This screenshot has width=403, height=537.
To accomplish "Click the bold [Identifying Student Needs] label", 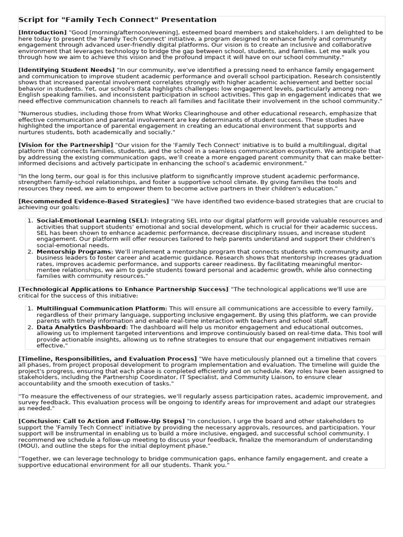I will [66, 70].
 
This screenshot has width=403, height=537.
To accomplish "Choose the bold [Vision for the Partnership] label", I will [66, 144].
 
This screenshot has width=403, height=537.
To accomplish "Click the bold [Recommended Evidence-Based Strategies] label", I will [93, 201].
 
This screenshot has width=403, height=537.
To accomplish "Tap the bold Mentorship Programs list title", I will [74, 252].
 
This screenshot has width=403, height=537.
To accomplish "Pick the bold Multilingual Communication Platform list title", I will [101, 308].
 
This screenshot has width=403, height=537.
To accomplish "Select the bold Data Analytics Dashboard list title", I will [82, 327].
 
